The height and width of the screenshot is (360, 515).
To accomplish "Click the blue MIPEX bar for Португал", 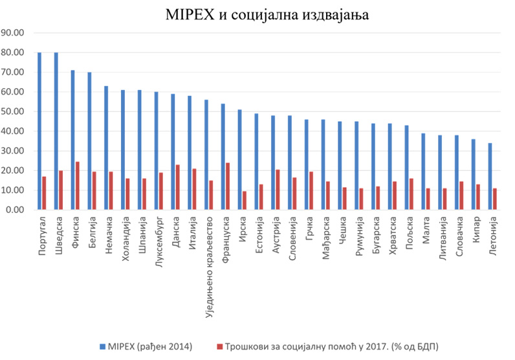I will [x=39, y=131].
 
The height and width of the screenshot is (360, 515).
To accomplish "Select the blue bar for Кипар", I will [x=474, y=175].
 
